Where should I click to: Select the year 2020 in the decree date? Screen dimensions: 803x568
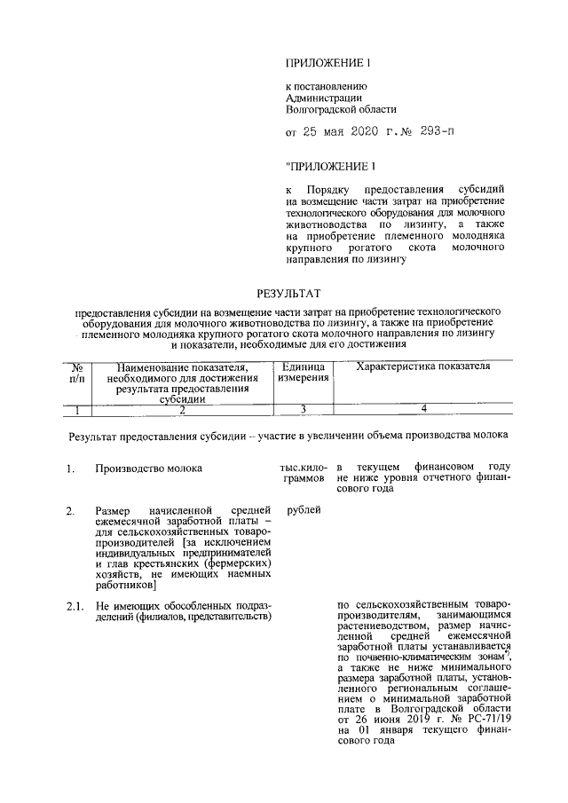click(x=356, y=133)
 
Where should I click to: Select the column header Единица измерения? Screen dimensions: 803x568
click(x=304, y=373)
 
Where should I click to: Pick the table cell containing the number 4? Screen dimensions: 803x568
click(x=423, y=408)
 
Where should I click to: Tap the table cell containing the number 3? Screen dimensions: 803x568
click(x=304, y=408)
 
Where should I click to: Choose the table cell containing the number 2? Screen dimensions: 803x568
click(x=182, y=409)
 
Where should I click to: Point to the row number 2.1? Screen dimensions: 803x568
click(x=74, y=605)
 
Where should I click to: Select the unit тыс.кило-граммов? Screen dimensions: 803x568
click(x=304, y=472)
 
